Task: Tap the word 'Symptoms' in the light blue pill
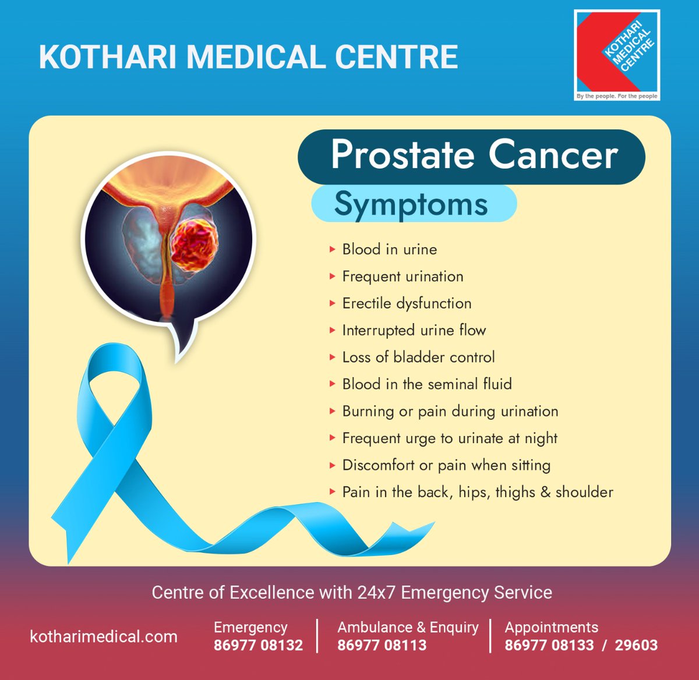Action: (411, 204)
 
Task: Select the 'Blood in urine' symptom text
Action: (389, 250)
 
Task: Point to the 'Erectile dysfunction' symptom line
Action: (407, 303)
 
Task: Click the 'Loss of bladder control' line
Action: (418, 357)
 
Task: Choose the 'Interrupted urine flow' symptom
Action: (414, 331)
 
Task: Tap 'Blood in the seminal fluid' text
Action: (427, 384)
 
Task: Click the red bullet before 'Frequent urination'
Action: (332, 277)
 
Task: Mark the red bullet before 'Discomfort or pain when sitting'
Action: (332, 465)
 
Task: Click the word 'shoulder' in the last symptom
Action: (584, 493)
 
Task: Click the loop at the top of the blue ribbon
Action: (114, 373)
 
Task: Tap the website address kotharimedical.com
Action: (104, 637)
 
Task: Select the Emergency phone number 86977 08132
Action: (258, 646)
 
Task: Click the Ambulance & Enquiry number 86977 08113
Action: (382, 646)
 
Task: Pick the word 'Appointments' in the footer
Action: (551, 628)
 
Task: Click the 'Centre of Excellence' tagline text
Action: (352, 593)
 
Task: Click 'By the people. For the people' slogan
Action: (616, 96)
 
